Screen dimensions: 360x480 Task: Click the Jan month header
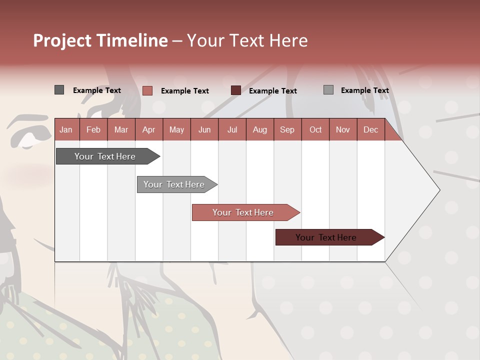click(66, 129)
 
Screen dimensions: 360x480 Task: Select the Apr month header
click(148, 129)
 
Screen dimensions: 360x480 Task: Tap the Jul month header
click(232, 129)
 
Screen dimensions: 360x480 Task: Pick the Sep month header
click(287, 129)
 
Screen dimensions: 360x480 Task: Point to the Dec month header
click(370, 129)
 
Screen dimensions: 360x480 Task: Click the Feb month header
click(93, 129)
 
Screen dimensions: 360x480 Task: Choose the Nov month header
click(342, 129)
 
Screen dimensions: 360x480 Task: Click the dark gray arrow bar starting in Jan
click(105, 156)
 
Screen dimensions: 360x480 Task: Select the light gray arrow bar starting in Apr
click(174, 184)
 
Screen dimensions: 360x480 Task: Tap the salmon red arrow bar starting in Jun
click(243, 212)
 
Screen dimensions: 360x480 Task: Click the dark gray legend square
click(59, 90)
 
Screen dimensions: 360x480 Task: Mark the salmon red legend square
click(147, 90)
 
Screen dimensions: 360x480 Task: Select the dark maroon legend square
click(235, 90)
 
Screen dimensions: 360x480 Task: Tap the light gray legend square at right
click(328, 90)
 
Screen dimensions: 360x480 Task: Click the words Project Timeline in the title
click(100, 40)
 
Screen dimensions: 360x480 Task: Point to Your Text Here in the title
click(247, 40)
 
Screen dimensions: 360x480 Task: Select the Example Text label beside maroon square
click(272, 91)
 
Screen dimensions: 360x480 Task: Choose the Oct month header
click(315, 129)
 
